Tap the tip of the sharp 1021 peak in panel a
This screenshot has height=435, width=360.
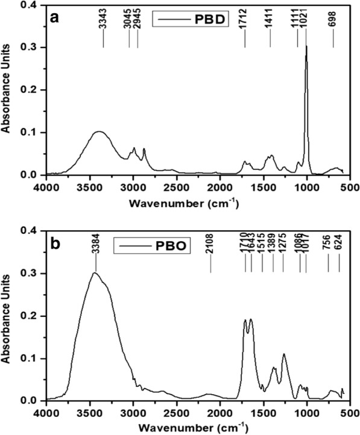306,46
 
